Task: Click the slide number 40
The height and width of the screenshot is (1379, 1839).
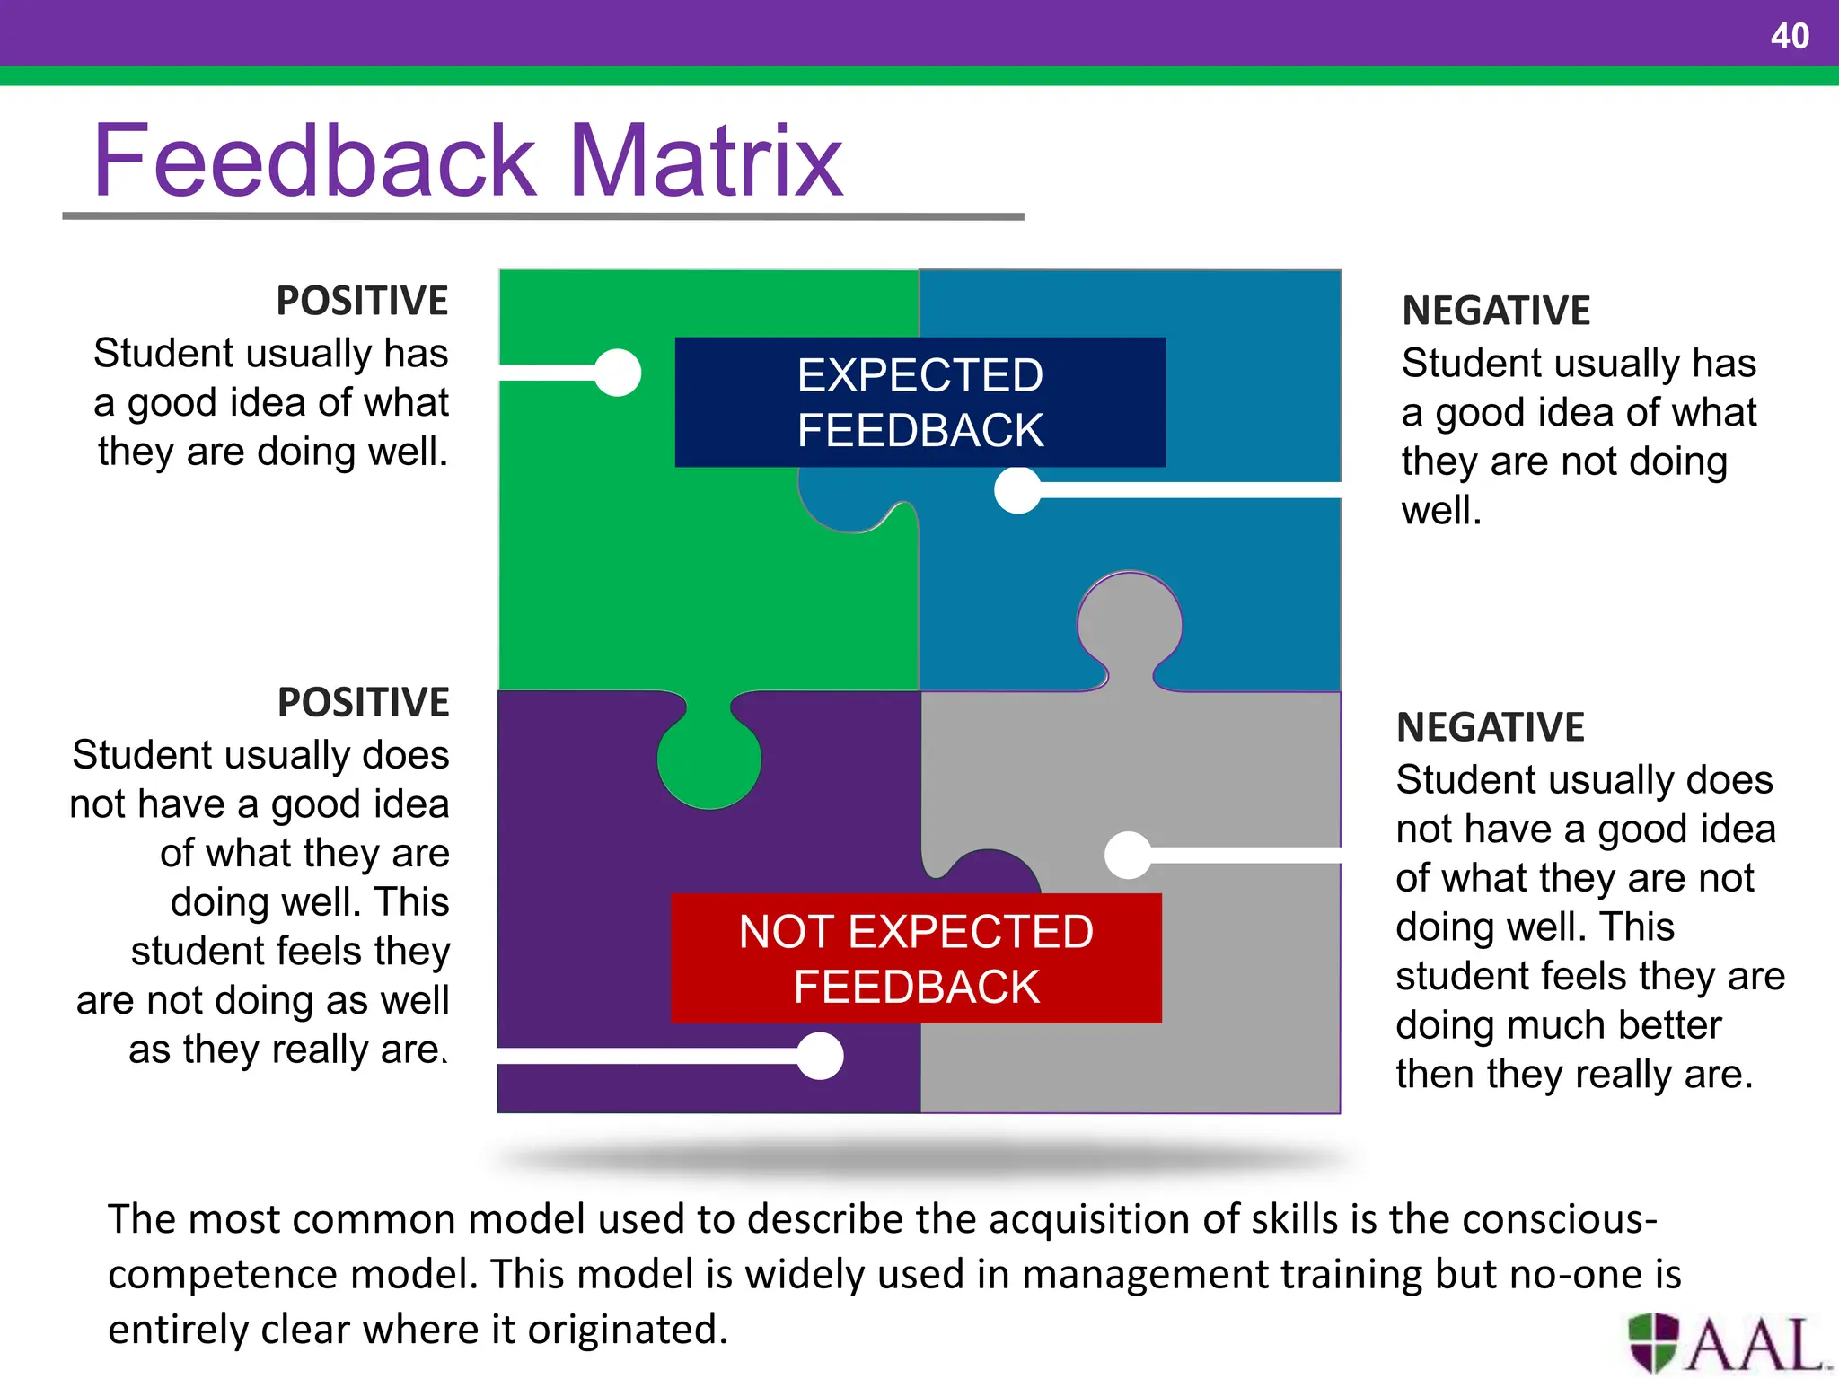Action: click(1789, 36)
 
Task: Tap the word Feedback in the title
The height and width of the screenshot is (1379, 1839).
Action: click(314, 162)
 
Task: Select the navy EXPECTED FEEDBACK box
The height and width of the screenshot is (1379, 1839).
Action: click(919, 401)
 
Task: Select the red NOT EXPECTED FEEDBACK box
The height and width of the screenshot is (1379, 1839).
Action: click(916, 958)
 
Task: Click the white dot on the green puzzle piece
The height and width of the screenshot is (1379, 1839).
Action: click(618, 373)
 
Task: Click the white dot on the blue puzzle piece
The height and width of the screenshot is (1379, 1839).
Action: click(1017, 490)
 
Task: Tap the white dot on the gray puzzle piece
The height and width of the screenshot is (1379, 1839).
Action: click(1128, 855)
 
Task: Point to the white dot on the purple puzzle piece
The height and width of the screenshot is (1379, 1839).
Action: click(820, 1056)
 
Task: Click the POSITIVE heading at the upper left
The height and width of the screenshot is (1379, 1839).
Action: click(362, 301)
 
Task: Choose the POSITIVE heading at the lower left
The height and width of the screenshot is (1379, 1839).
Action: click(363, 702)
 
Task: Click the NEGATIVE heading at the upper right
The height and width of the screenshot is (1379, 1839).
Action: click(1496, 311)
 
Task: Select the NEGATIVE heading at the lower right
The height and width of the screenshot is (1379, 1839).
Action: click(1491, 727)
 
